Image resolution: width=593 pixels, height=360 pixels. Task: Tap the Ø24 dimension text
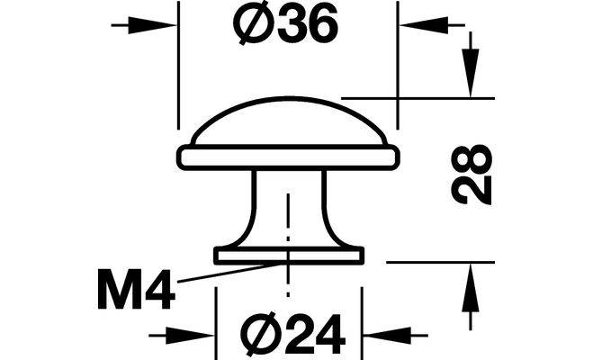(294, 335)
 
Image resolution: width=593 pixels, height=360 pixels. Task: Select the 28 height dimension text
(474, 175)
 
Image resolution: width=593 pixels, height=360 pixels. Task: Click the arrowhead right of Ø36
(413, 25)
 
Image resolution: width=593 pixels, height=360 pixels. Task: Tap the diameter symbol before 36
(247, 27)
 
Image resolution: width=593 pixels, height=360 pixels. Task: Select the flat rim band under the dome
(288, 157)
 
